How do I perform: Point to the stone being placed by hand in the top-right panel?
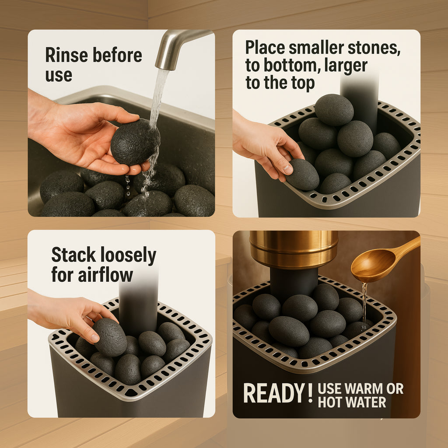[x=302, y=175]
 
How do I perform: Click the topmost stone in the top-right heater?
[x=334, y=109]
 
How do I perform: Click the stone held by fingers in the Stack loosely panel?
[x=110, y=337]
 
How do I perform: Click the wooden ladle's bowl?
[x=371, y=266]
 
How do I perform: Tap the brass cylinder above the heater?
[x=294, y=249]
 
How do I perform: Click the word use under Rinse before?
[x=59, y=75]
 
